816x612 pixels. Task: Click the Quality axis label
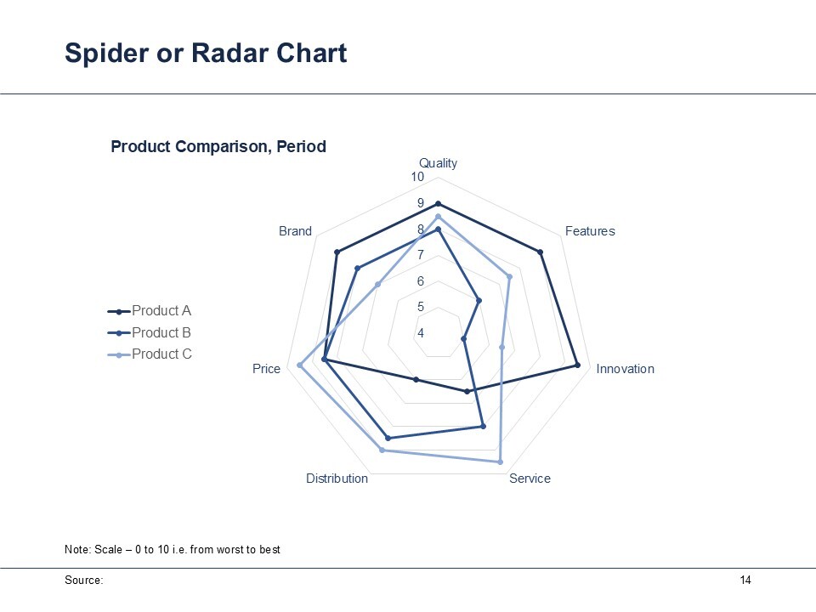(x=439, y=163)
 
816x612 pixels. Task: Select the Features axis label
(x=590, y=231)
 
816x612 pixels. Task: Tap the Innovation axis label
(x=625, y=369)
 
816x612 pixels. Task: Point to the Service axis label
(x=530, y=479)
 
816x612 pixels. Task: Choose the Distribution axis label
(x=337, y=479)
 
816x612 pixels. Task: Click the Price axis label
(x=266, y=369)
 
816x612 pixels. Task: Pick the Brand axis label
(x=295, y=231)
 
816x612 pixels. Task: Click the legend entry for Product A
(x=150, y=311)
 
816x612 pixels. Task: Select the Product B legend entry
(x=150, y=332)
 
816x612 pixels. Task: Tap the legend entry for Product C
(x=150, y=354)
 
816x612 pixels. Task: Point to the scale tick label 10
(x=417, y=177)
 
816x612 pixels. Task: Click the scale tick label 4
(x=421, y=333)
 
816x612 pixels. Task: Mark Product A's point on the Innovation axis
(x=577, y=365)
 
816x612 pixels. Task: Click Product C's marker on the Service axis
(x=500, y=462)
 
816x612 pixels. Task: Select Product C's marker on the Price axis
(x=299, y=365)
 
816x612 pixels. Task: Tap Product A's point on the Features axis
(x=541, y=252)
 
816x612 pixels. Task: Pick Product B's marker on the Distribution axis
(x=388, y=438)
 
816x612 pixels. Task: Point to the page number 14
(x=745, y=581)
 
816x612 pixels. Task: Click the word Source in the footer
(x=83, y=581)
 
